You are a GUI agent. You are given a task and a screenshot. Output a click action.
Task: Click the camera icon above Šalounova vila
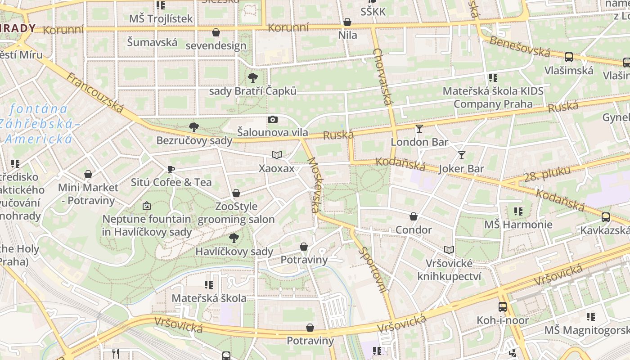click(272, 119)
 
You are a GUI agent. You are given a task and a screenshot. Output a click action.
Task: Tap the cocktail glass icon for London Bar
click(419, 129)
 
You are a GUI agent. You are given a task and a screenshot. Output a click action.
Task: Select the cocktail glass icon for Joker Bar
click(461, 155)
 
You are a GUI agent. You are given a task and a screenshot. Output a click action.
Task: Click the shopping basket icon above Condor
click(414, 216)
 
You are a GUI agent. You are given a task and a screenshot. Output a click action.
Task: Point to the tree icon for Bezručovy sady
click(194, 127)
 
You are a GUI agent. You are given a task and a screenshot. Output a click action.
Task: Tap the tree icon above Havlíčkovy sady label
click(234, 238)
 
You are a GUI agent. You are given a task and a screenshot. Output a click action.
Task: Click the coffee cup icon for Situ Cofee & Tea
click(171, 169)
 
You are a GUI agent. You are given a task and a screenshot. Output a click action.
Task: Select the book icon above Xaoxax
click(276, 155)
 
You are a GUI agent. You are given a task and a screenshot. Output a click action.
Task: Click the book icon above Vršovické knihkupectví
click(449, 250)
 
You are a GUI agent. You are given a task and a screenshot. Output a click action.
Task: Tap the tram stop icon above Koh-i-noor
click(502, 307)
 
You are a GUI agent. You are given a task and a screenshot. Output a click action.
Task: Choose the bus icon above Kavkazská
click(605, 217)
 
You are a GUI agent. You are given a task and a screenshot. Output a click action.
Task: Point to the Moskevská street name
click(314, 184)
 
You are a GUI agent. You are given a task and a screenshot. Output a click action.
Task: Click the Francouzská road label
click(95, 93)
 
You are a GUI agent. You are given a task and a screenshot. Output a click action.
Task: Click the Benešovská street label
click(520, 46)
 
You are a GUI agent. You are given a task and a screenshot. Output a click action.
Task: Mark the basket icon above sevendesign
click(216, 32)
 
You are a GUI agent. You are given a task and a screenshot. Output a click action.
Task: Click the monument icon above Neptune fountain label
click(146, 206)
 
